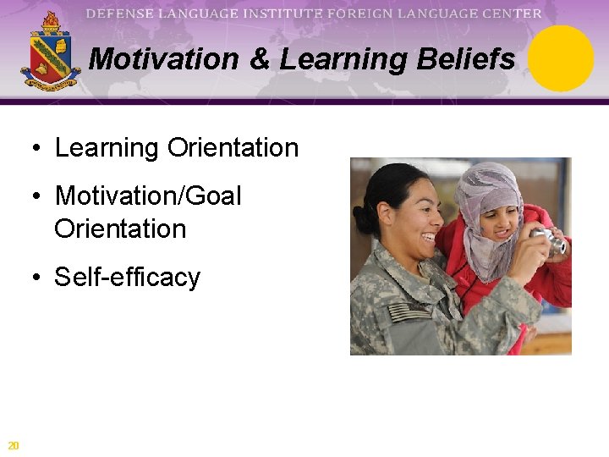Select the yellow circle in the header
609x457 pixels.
coord(562,58)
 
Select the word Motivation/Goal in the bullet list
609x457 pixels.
coord(148,196)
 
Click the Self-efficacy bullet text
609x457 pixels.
coord(127,278)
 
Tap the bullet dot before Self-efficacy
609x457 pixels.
coord(37,278)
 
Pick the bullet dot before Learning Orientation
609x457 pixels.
coord(37,148)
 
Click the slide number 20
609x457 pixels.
coord(13,446)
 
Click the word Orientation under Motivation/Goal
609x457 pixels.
coord(120,229)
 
